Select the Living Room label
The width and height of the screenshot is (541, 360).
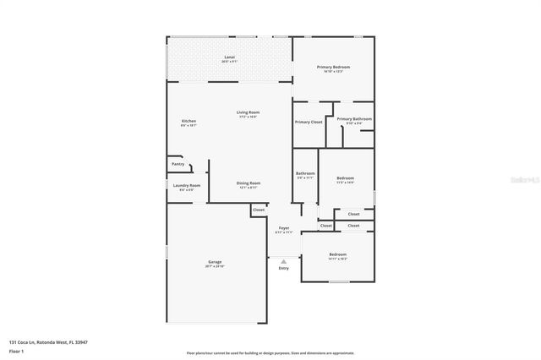(x=248, y=113)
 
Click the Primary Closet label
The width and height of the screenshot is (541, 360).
(x=309, y=122)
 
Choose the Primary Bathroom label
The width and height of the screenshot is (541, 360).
(x=354, y=120)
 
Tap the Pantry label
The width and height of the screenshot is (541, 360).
(x=178, y=164)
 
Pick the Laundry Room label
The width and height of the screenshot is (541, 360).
(x=187, y=187)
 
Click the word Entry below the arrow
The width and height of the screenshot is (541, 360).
(x=283, y=269)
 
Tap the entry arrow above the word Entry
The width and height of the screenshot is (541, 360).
(x=283, y=261)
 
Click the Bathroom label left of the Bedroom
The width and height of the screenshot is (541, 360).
(x=305, y=174)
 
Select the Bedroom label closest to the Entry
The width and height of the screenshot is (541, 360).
(x=337, y=255)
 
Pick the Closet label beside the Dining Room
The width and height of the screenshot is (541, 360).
(x=258, y=210)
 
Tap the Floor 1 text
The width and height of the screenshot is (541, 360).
(x=16, y=350)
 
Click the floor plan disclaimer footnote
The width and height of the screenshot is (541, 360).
(x=270, y=353)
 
